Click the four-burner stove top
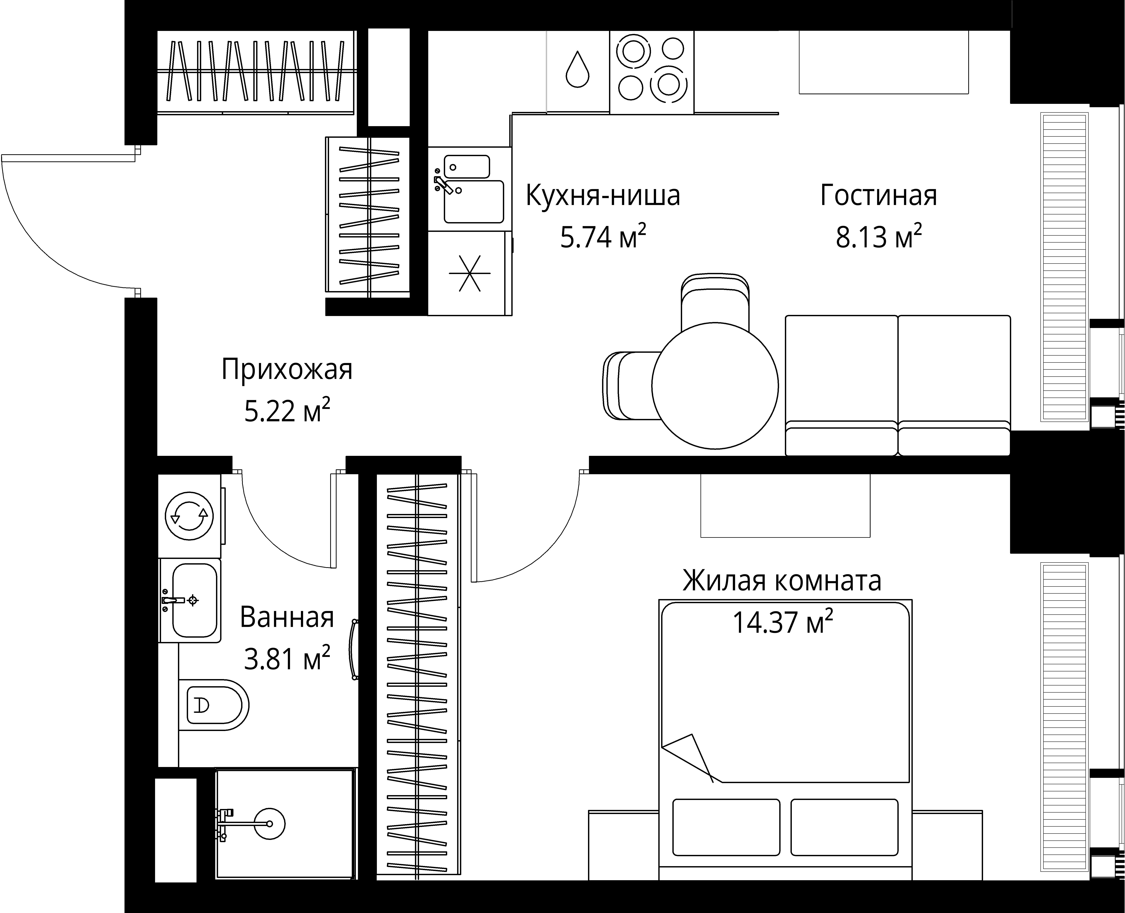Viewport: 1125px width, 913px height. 652,72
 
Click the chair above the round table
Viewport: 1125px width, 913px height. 715,300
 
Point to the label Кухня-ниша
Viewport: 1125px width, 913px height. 603,195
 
